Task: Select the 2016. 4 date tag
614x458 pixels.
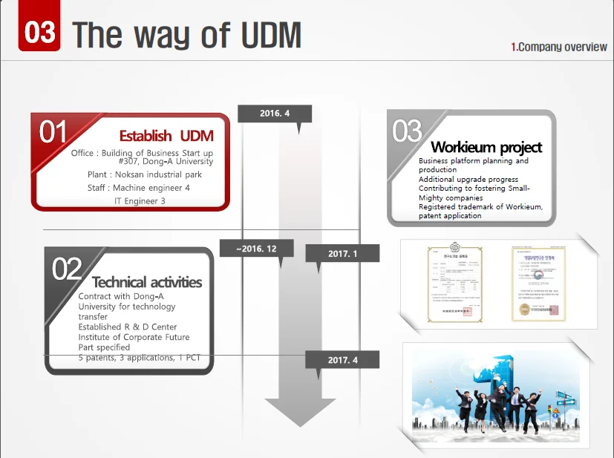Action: point(275,114)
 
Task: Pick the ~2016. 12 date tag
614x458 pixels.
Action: point(256,249)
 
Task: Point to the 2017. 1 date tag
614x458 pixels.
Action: point(342,254)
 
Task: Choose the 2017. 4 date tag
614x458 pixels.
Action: point(342,360)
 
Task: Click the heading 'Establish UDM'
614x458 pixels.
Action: point(166,136)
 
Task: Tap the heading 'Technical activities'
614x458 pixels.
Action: point(147,282)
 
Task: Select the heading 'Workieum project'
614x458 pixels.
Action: point(486,147)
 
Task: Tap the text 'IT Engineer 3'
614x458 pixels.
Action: point(140,201)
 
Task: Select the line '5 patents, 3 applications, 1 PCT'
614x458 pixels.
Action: point(139,358)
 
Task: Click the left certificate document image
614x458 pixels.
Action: point(454,284)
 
